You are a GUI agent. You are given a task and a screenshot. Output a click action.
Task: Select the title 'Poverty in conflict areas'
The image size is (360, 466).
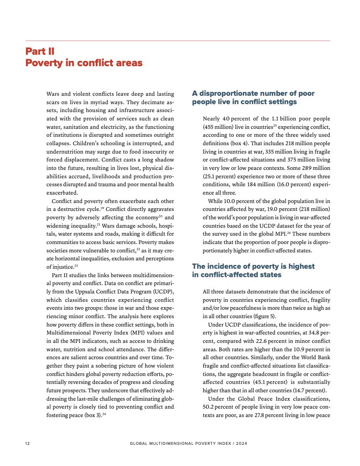84,63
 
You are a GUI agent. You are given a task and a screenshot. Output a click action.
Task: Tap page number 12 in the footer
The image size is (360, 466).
27,443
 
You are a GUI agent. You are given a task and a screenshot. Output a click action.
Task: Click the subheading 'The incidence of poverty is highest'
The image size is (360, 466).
253,267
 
